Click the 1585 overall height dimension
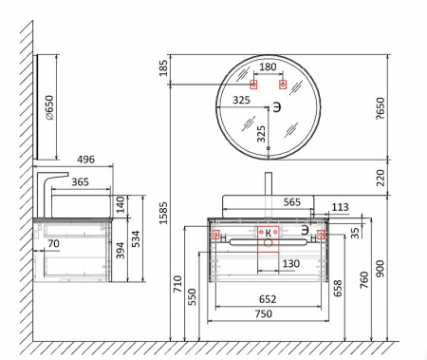pos(163,213)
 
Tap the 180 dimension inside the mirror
pos(268,66)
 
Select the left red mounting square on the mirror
pos(253,85)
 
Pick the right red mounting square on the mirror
pos(283,85)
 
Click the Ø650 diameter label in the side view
pos(49,107)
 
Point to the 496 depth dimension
pos(85,160)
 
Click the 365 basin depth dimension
pos(80,182)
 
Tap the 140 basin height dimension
pos(121,204)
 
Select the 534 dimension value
pos(135,238)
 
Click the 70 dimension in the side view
pos(53,243)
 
